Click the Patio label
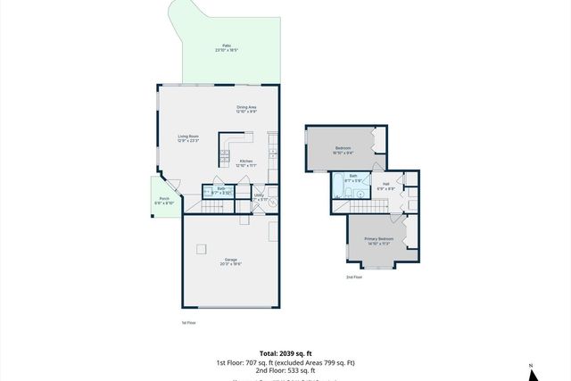[x=226, y=48]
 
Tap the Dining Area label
[x=246, y=109]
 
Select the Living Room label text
[x=187, y=138]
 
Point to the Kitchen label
[x=245, y=163]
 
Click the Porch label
[x=164, y=201]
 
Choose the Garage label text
[x=230, y=261]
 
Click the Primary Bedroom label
[x=378, y=241]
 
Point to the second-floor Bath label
[x=353, y=178]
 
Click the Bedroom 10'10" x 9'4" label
[x=343, y=150]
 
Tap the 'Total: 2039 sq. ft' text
[x=285, y=354]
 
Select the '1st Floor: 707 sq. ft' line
[x=285, y=362]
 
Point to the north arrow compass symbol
[x=530, y=369]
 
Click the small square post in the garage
[x=203, y=249]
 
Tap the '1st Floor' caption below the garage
[x=188, y=322]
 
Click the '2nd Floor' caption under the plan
[x=354, y=277]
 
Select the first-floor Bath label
[x=221, y=190]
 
